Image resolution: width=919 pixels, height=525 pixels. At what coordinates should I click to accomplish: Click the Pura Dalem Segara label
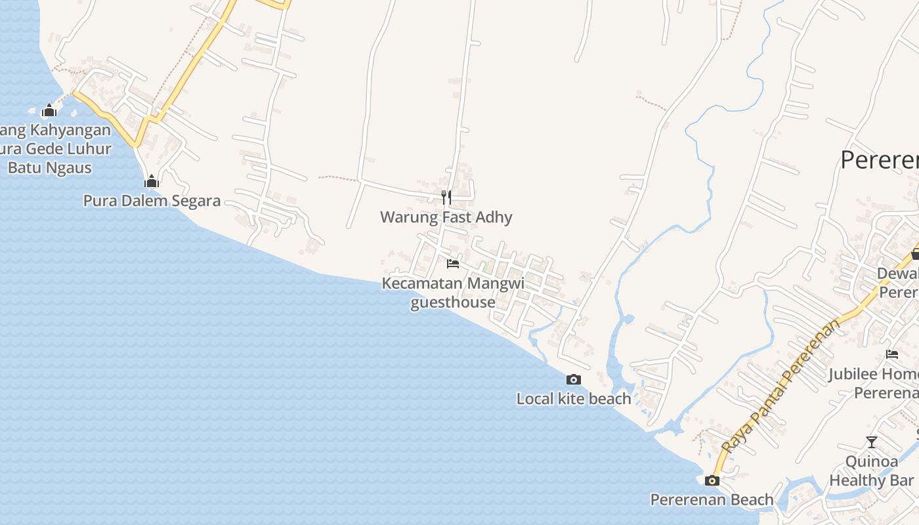click(x=152, y=201)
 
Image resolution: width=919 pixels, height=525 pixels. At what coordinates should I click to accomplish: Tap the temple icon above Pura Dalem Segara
click(x=152, y=181)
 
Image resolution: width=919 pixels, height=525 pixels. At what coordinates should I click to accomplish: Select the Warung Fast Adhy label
click(x=446, y=217)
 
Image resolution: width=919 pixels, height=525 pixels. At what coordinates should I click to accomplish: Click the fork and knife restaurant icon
click(x=446, y=197)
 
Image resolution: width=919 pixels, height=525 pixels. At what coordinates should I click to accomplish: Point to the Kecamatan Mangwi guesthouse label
click(x=453, y=293)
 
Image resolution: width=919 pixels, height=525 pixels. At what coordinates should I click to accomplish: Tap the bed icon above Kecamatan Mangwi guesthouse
click(x=453, y=264)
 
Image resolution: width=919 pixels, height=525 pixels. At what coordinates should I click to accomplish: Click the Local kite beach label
click(x=574, y=399)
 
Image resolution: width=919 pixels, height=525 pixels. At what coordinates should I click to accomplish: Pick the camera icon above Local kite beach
click(x=574, y=379)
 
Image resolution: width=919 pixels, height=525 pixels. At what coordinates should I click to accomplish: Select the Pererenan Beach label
click(x=712, y=500)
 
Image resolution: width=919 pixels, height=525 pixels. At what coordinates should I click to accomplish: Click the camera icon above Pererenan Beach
click(x=712, y=480)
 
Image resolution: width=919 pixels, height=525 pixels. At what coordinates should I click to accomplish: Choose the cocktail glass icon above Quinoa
click(x=872, y=442)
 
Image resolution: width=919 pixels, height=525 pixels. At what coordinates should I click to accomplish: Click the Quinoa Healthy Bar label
click(x=872, y=471)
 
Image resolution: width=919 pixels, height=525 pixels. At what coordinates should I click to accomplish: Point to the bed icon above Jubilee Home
click(x=892, y=354)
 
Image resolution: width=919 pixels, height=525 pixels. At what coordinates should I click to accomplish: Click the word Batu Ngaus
click(x=50, y=168)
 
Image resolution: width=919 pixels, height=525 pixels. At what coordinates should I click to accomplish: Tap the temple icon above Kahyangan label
click(x=49, y=110)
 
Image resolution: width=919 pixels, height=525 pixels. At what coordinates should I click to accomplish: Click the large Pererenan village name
click(x=880, y=160)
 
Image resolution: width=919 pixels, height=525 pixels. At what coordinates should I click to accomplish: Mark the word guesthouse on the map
click(x=453, y=303)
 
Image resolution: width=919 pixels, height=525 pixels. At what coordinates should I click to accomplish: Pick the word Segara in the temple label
click(x=196, y=201)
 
